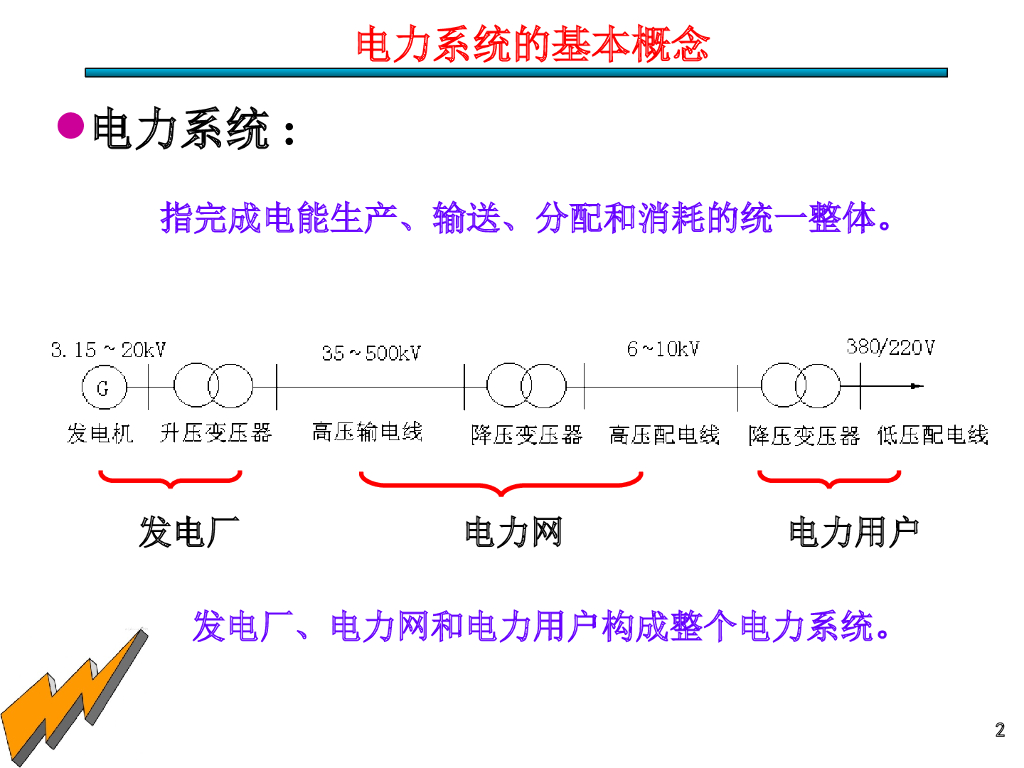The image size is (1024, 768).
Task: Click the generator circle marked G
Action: [x=102, y=388]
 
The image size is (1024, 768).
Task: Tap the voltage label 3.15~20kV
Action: [x=108, y=349]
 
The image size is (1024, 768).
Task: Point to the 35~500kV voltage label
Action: [x=371, y=352]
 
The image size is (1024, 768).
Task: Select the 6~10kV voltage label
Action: [x=663, y=348]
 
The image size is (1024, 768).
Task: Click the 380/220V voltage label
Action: [x=890, y=347]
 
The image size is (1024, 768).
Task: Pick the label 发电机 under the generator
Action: [x=100, y=433]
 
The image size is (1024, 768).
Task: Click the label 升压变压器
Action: [x=216, y=433]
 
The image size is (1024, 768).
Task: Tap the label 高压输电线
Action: [x=367, y=431]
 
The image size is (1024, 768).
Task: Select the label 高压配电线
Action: [x=665, y=435]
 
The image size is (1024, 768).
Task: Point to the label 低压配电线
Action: [x=932, y=435]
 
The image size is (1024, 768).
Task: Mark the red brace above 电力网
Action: [x=500, y=484]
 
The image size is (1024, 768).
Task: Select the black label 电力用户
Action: [x=853, y=532]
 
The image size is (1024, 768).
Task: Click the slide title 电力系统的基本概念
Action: [x=532, y=45]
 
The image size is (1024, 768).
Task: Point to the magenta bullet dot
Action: [x=70, y=126]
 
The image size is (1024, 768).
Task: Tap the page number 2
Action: [x=999, y=730]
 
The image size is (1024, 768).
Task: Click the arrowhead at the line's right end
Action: [x=917, y=386]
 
